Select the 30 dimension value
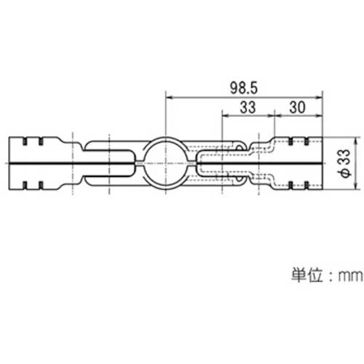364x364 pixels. [x=297, y=106]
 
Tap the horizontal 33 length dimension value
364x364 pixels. [x=248, y=106]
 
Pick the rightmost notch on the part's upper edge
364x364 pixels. [x=307, y=140]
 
